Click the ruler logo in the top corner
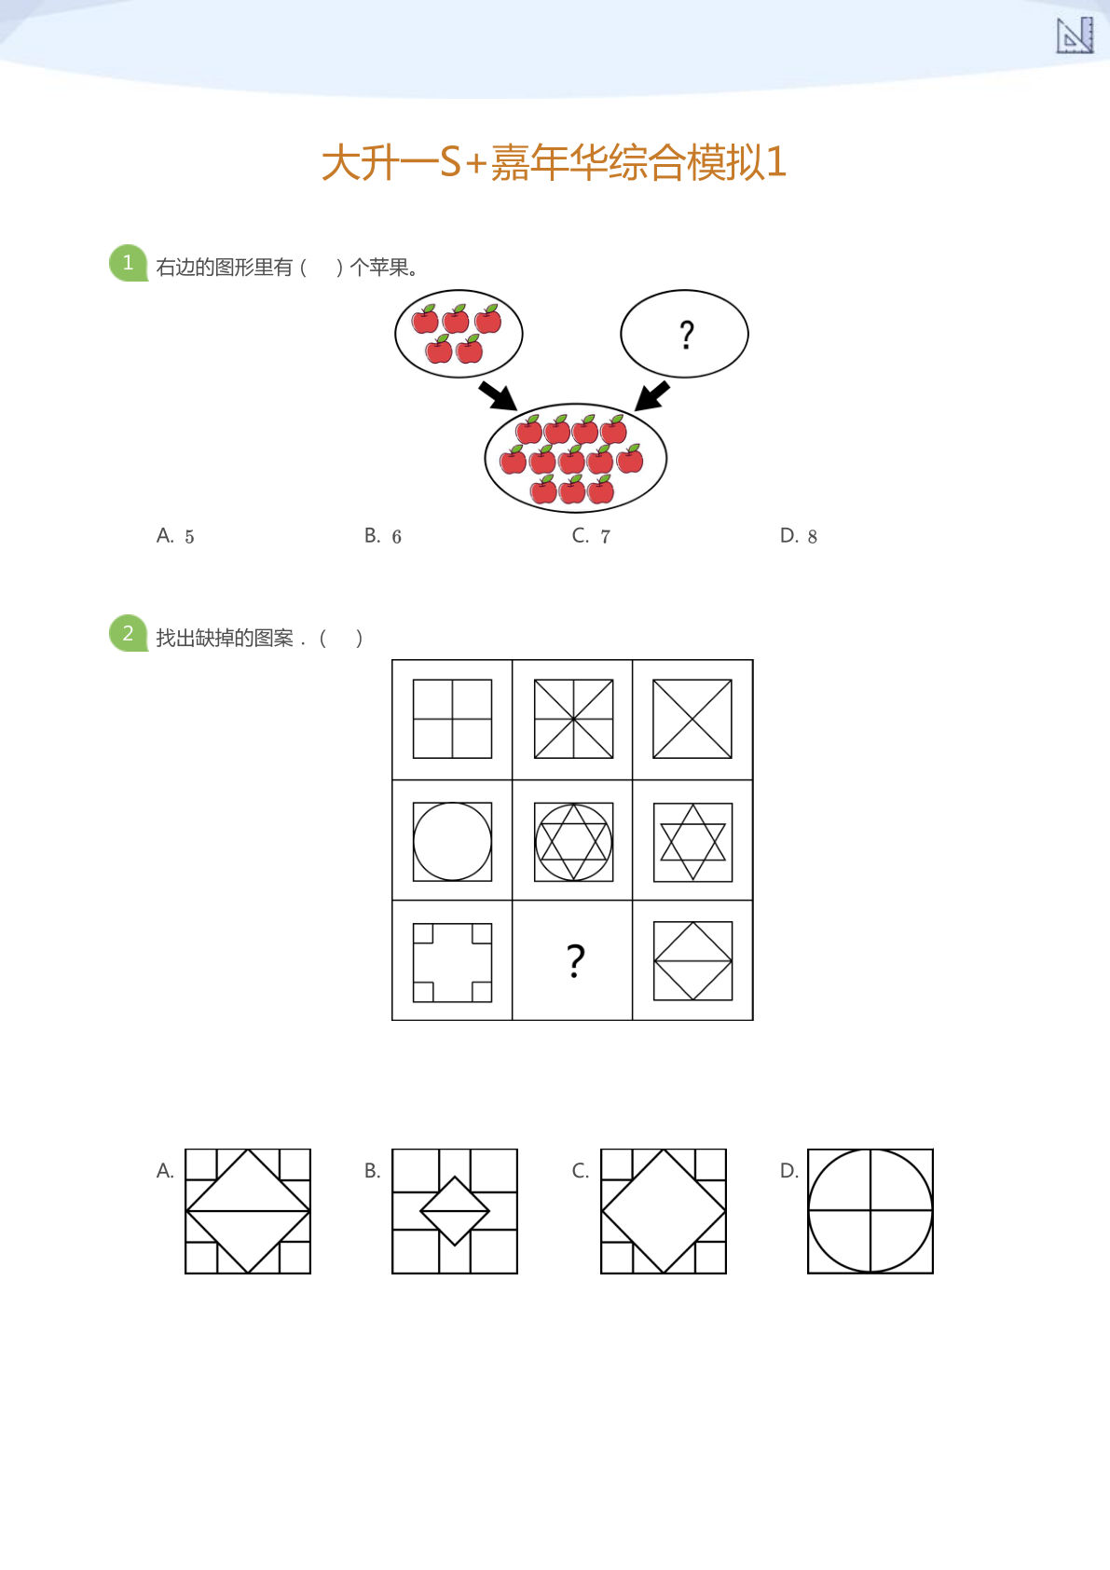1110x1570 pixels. tap(1074, 35)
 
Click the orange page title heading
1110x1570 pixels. tap(554, 162)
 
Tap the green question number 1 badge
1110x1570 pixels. tap(128, 263)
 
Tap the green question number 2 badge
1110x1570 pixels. tap(128, 634)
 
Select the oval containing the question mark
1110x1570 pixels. tap(684, 334)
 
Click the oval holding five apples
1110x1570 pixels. tap(459, 334)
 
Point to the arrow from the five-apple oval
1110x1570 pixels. tap(498, 395)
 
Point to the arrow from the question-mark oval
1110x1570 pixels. tap(652, 395)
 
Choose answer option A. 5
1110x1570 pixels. tap(175, 536)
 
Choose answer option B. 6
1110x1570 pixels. tap(383, 536)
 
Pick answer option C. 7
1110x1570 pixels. tap(591, 536)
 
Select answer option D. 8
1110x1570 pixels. tap(799, 536)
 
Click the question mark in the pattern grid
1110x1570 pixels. tap(575, 960)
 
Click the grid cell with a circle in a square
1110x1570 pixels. tap(452, 841)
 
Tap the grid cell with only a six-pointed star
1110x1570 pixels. tap(692, 841)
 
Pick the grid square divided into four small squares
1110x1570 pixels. tap(452, 719)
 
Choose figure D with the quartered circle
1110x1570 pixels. tap(870, 1211)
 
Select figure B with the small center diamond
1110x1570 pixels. tap(455, 1211)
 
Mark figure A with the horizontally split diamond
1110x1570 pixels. tap(248, 1211)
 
